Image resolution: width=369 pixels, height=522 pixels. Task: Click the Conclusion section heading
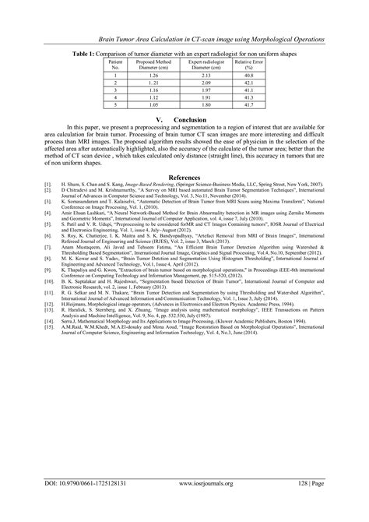tap(184, 119)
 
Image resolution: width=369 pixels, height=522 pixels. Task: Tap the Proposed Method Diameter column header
tap(152, 64)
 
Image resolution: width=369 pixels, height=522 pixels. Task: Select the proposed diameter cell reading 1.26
tap(152, 75)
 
